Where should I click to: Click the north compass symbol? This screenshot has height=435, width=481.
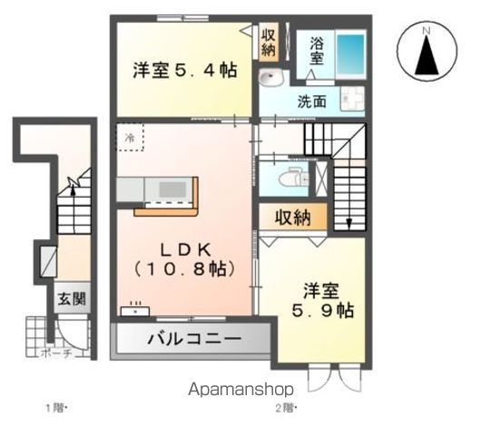click(424, 52)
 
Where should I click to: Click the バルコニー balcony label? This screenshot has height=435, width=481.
click(194, 340)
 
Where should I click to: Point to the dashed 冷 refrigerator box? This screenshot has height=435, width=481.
click(130, 139)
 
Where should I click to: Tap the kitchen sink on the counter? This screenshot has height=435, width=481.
click(169, 188)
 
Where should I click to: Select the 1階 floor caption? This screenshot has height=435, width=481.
click(56, 408)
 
